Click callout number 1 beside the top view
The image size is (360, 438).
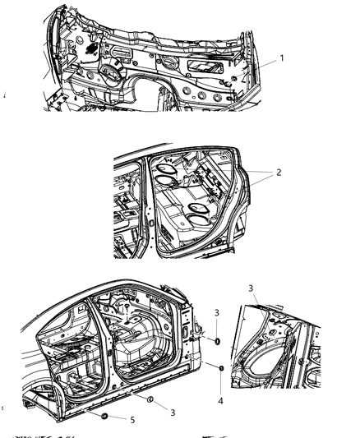coord(282,58)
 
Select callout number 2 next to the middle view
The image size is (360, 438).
coord(279,173)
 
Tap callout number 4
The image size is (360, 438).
coord(220,401)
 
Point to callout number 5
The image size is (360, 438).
coord(132,420)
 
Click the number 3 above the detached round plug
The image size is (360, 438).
coord(217,312)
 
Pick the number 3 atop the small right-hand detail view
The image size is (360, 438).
coord(251,288)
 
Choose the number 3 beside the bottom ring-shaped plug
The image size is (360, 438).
coord(173,413)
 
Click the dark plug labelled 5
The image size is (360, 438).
coord(104,416)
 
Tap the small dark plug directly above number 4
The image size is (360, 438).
coord(221,368)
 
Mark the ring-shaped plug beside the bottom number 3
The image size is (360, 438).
coord(150,399)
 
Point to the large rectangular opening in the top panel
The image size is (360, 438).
coord(205,67)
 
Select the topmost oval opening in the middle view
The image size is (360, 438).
coord(167,169)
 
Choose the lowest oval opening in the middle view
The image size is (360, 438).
coord(198,219)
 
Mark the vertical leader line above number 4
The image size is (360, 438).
coord(221,384)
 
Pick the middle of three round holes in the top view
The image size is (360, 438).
coord(201,95)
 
